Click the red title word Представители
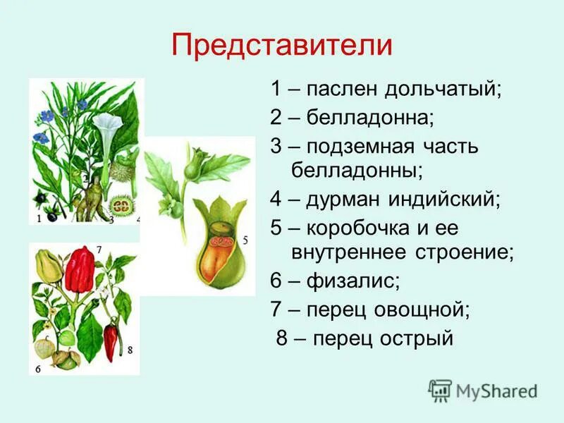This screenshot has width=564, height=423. [281, 45]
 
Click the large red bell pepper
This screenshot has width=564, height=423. [80, 269]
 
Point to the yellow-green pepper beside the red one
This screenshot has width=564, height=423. [48, 267]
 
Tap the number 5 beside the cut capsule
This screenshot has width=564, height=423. [245, 240]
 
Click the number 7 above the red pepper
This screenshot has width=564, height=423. [99, 249]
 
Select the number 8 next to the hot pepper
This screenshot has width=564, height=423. [130, 348]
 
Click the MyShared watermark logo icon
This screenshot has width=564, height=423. [440, 390]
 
